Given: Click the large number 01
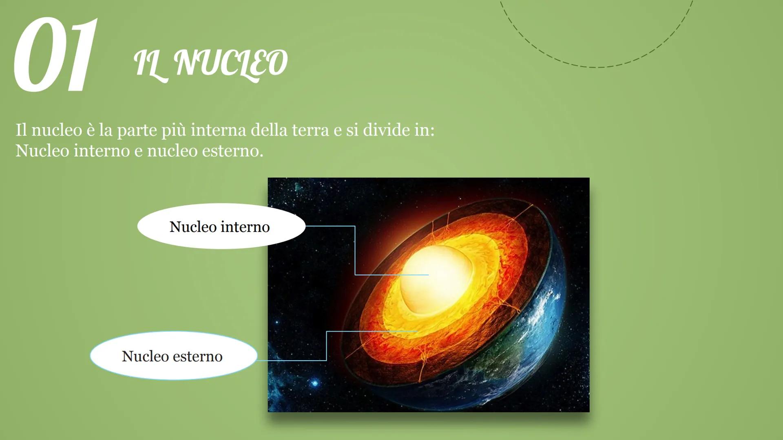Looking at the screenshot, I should (55, 55).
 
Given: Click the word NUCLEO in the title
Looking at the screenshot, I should (230, 63).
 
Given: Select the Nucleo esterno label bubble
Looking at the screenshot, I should (173, 356).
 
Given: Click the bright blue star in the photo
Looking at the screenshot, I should (315, 383).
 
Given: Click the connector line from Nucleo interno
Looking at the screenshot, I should (355, 249).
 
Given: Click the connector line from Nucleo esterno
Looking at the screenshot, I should (326, 346).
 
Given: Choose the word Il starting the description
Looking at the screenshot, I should (21, 130).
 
